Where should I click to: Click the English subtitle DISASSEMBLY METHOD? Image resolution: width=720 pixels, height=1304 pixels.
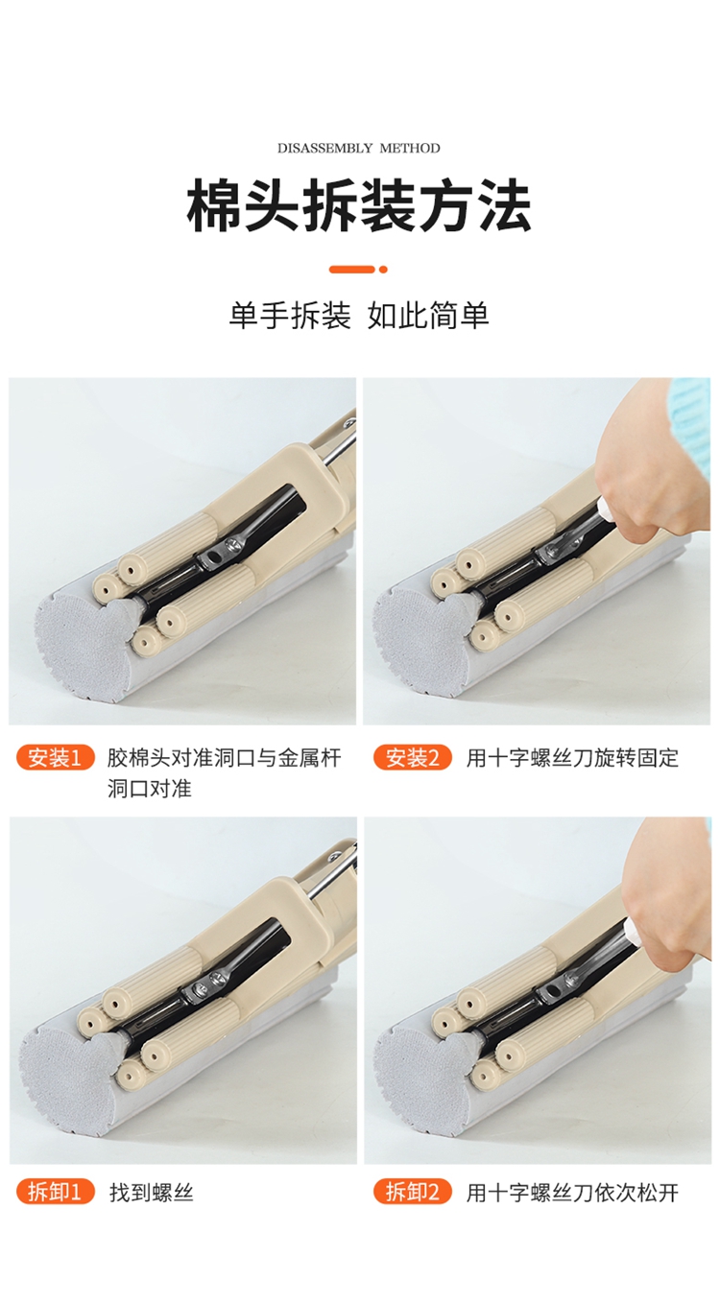click(358, 148)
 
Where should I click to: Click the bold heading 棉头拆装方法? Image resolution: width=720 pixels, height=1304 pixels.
click(359, 206)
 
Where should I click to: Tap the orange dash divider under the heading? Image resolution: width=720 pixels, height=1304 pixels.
click(358, 269)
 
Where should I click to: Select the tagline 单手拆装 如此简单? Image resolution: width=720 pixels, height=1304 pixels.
click(359, 315)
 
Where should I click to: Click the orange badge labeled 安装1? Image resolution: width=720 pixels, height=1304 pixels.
click(55, 758)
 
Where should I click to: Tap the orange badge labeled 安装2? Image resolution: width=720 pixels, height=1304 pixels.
click(413, 758)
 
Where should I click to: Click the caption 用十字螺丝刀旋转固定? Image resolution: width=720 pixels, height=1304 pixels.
click(572, 758)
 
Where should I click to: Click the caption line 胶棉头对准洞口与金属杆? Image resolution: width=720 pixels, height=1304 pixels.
click(225, 758)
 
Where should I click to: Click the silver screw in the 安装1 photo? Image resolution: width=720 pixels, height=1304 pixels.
click(232, 544)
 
